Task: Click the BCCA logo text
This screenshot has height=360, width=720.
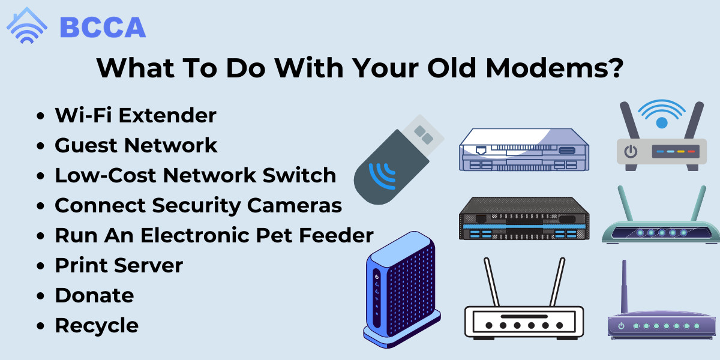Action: (103, 28)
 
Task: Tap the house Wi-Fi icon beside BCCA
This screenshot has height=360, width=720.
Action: (27, 25)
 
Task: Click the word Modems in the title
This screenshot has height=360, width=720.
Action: (555, 68)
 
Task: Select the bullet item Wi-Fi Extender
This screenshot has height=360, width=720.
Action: (136, 115)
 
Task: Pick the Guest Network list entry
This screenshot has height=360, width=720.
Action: (136, 145)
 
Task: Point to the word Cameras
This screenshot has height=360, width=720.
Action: (295, 205)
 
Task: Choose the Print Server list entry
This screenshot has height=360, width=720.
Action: (119, 265)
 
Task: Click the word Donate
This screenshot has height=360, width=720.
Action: (95, 295)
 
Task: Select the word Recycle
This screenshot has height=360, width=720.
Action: (97, 326)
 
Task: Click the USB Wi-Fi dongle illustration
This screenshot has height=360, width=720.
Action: (398, 160)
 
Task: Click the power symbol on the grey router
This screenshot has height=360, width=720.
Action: (631, 152)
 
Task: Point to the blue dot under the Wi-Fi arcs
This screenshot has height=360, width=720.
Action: (662, 123)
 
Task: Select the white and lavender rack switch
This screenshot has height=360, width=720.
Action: (524, 150)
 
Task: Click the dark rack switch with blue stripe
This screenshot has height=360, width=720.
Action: (524, 218)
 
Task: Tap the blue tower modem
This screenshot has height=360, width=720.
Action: (402, 289)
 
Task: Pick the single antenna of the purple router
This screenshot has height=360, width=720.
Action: (624, 286)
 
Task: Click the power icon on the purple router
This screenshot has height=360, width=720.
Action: (622, 326)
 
